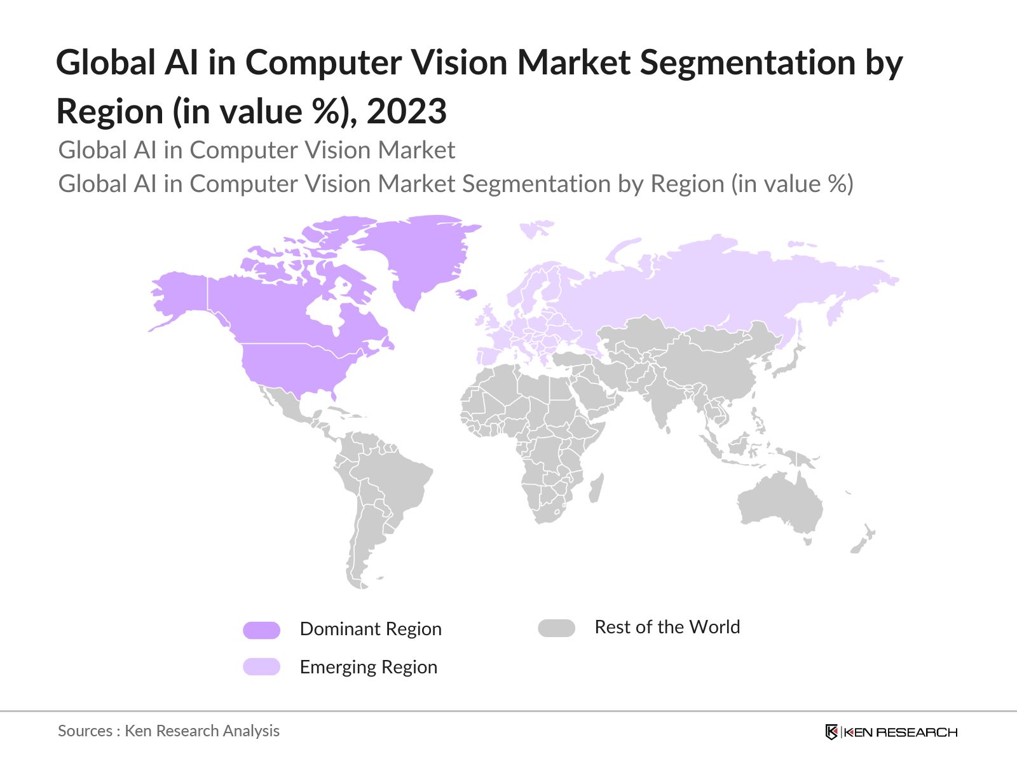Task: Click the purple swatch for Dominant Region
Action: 261,630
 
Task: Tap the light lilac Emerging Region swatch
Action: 261,666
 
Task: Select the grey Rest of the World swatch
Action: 556,628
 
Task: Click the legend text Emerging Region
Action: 368,667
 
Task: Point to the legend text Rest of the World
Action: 667,627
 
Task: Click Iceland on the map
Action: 467,294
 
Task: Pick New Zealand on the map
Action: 863,540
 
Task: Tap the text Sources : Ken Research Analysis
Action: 168,731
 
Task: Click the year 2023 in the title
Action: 407,111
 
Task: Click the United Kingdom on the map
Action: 489,318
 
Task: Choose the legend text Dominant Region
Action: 370,629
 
